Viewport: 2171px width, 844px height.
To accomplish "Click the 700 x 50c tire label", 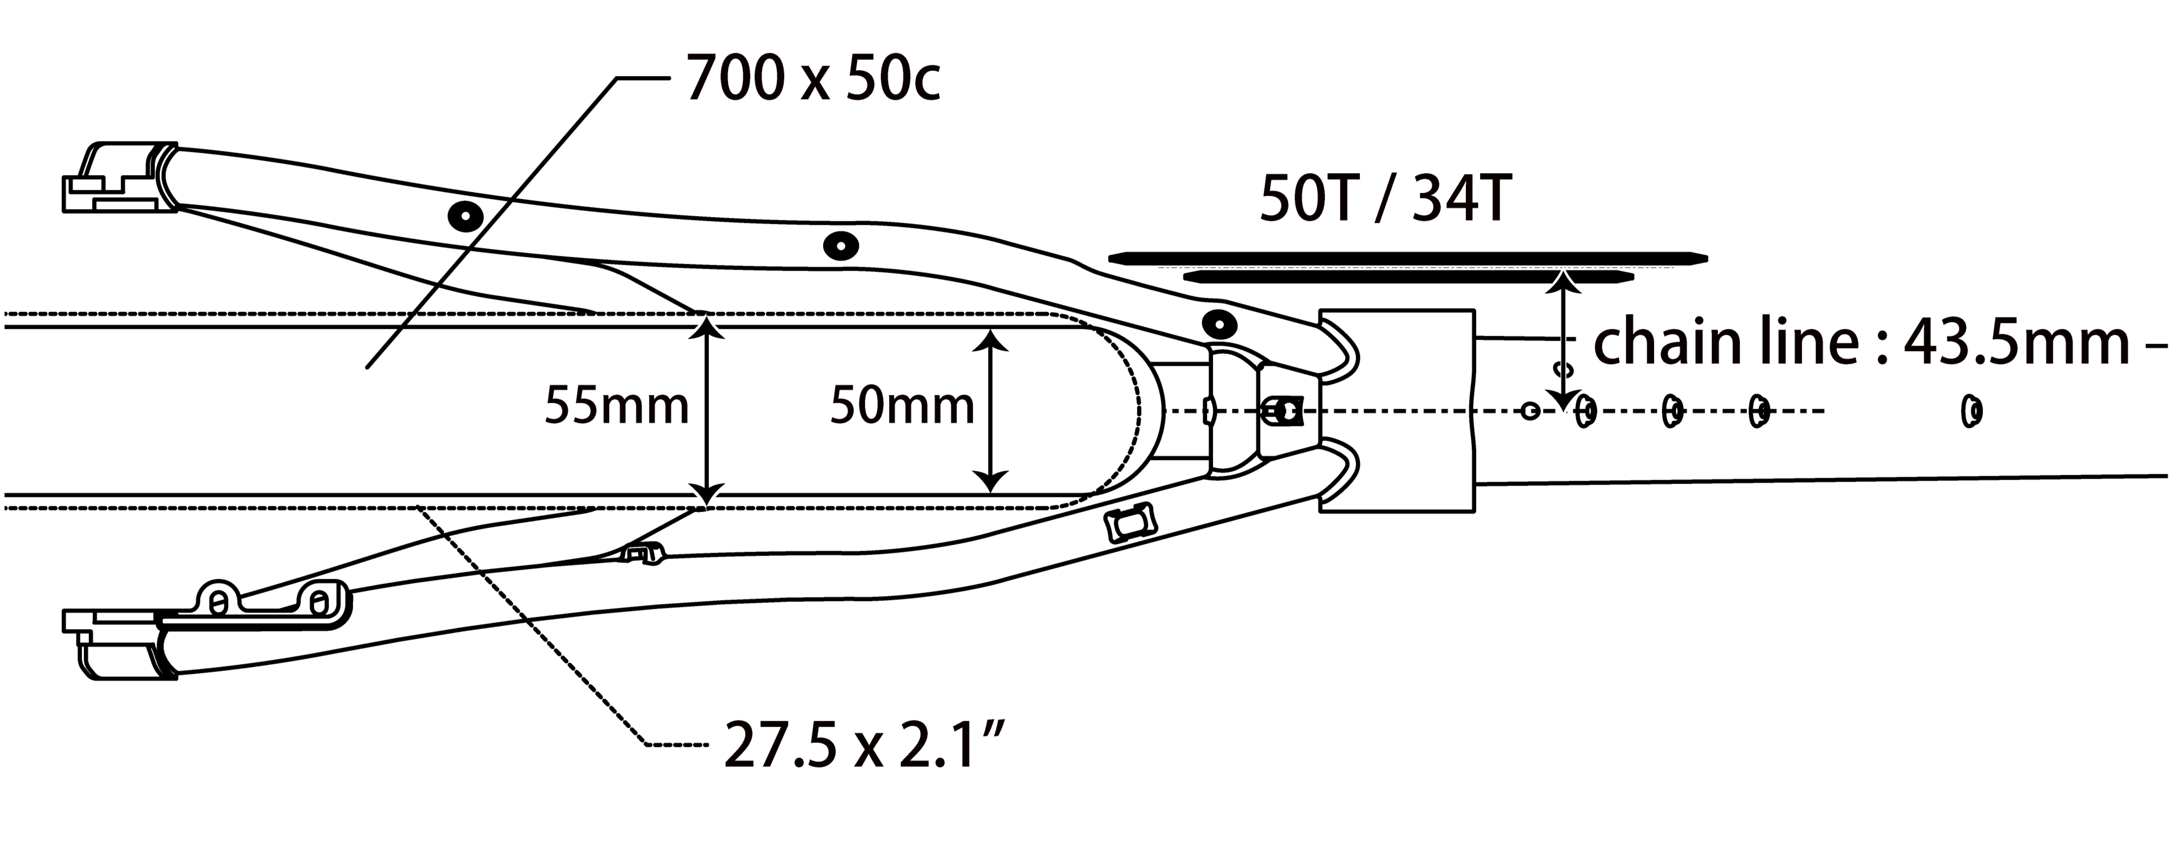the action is [x=813, y=78].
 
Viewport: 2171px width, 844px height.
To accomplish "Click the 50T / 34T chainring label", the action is [x=1385, y=200].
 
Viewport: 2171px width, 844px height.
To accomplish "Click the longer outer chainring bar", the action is [x=1408, y=257].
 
